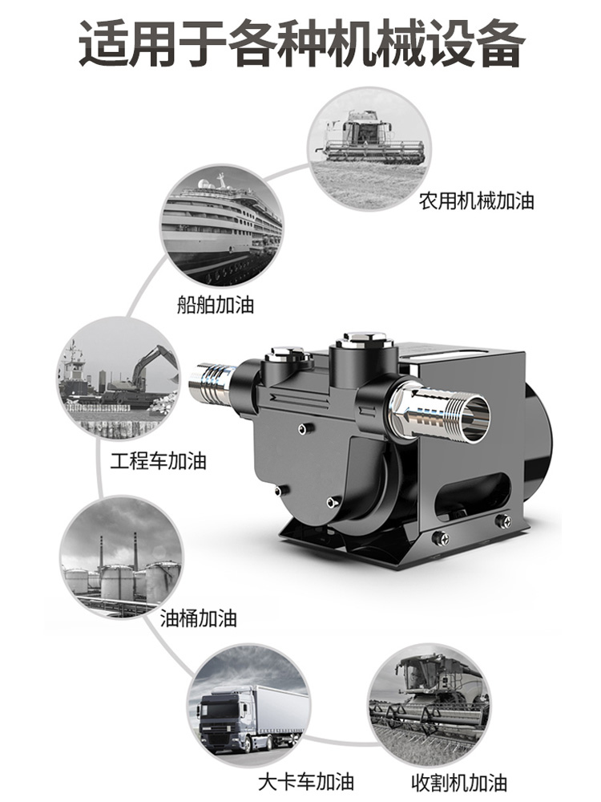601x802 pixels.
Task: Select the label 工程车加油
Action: [158, 461]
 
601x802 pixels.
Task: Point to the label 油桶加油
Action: [198, 618]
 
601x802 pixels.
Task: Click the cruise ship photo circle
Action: [222, 225]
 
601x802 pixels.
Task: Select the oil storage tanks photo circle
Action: [122, 557]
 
